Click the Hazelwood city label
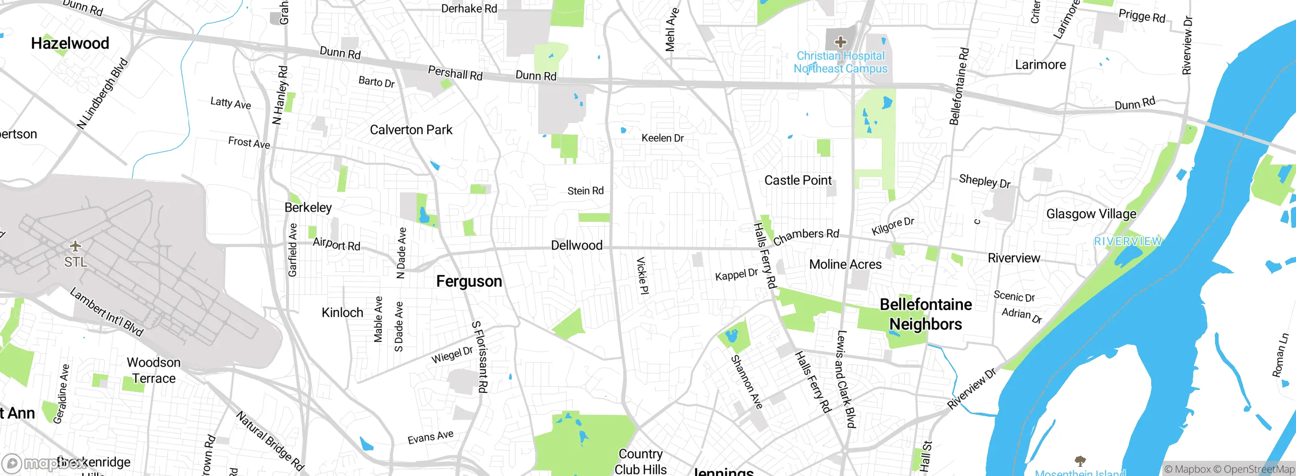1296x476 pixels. (70, 44)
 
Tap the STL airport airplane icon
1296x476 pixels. (75, 247)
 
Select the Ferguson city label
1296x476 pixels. (469, 282)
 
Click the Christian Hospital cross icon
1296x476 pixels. (840, 42)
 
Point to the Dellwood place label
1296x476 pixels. (576, 246)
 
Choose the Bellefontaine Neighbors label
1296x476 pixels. (925, 314)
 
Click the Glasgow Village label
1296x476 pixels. (1091, 214)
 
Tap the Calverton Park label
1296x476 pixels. (411, 130)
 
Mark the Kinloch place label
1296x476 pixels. (342, 313)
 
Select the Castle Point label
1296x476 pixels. (798, 181)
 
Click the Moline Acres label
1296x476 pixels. (845, 264)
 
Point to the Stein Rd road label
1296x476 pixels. (585, 191)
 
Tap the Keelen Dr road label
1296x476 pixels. (662, 138)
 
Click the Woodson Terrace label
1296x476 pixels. (153, 371)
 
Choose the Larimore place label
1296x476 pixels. (1040, 65)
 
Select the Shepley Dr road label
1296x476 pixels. (984, 181)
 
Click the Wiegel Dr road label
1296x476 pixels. (452, 354)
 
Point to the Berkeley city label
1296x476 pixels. (308, 208)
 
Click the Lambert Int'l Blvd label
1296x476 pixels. (106, 312)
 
